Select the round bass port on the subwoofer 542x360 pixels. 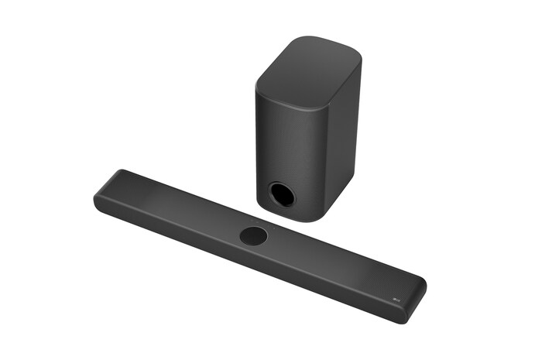[x=282, y=194]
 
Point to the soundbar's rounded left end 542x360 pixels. [x=101, y=194]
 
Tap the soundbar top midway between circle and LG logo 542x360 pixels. [x=325, y=264]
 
